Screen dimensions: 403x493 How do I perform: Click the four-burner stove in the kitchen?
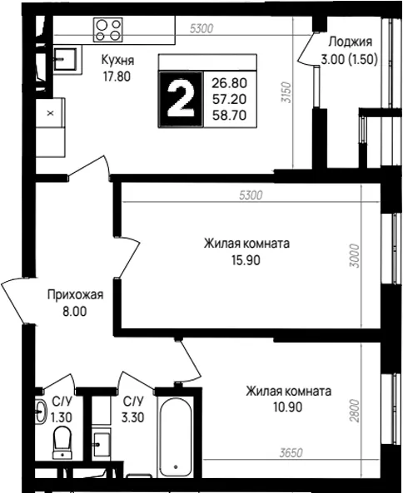[107, 30]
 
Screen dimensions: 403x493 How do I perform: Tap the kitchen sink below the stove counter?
[65, 59]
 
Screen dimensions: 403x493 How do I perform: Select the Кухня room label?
[117, 60]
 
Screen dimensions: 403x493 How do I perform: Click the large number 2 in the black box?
[181, 100]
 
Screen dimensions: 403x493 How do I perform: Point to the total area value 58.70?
[229, 116]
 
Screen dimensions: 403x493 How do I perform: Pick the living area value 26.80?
[229, 83]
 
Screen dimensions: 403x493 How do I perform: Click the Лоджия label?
[350, 42]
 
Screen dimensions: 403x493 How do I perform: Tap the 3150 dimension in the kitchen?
[286, 93]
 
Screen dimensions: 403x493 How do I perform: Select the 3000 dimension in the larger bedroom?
[355, 255]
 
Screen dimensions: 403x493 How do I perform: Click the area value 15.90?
[246, 260]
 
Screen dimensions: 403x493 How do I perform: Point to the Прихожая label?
[75, 295]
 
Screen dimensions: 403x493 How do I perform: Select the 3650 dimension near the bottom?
[291, 453]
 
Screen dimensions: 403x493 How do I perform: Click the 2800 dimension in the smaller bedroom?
[355, 411]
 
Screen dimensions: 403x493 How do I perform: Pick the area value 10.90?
[288, 407]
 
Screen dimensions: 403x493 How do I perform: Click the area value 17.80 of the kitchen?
[117, 76]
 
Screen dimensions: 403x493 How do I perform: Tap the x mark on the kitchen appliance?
[50, 113]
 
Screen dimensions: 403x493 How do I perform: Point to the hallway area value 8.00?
[75, 312]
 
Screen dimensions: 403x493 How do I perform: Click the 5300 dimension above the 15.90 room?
[251, 195]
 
